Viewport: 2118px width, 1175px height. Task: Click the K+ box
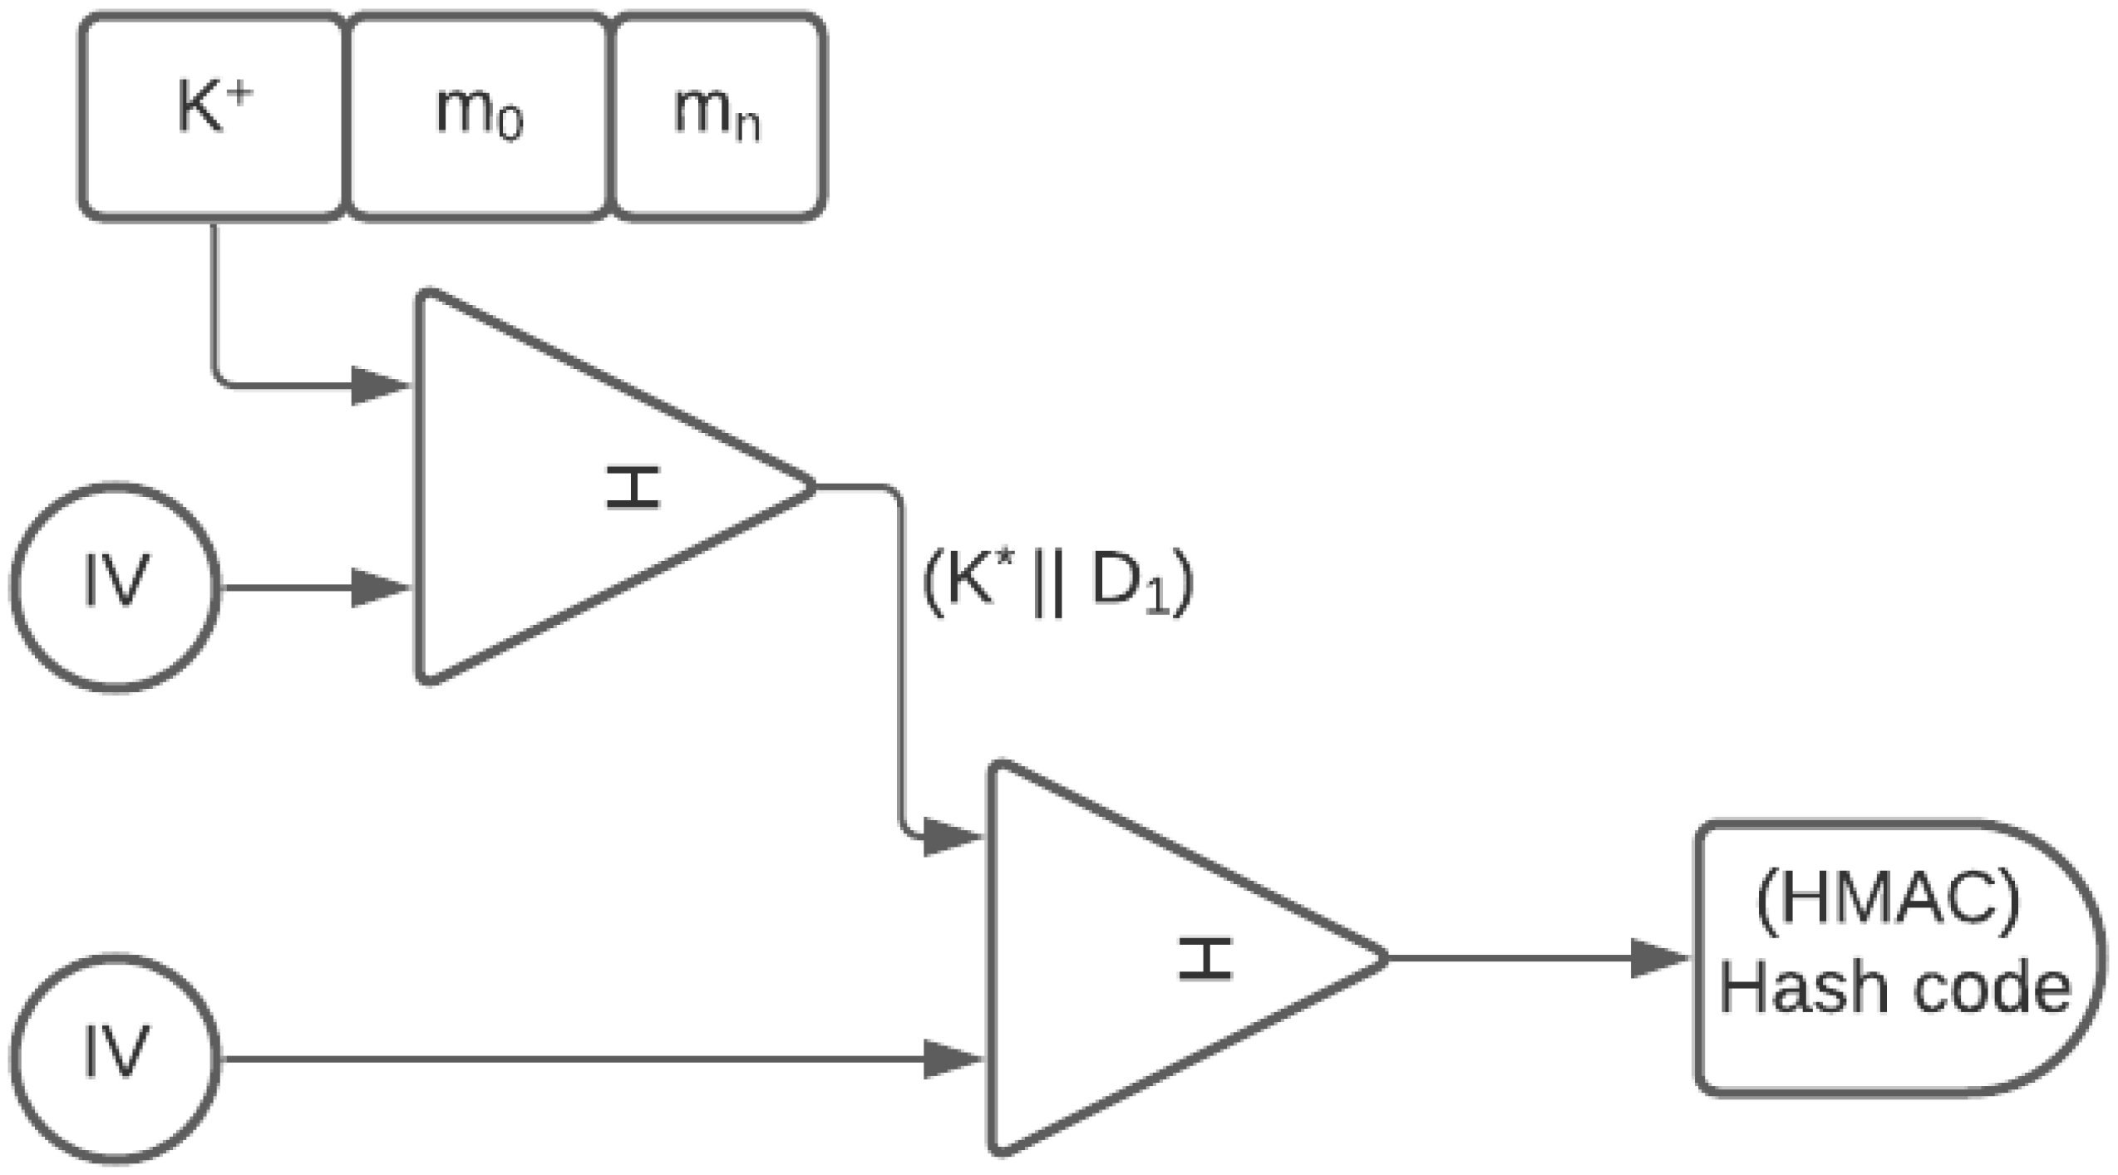(212, 116)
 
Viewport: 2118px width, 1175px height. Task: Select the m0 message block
(478, 116)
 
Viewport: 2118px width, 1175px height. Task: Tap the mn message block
(717, 116)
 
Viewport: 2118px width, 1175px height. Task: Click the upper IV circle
(116, 587)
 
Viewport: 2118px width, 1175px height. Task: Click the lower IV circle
(116, 1058)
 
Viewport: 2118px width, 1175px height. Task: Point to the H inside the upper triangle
(633, 487)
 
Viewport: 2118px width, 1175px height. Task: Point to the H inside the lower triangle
(1204, 958)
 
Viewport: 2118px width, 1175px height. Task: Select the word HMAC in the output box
(1888, 905)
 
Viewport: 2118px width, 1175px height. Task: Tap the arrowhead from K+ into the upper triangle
(380, 386)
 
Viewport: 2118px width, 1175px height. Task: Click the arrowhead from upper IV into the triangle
(380, 587)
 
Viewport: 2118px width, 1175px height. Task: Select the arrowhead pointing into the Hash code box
(1657, 958)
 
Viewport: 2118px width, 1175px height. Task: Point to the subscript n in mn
(747, 129)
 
